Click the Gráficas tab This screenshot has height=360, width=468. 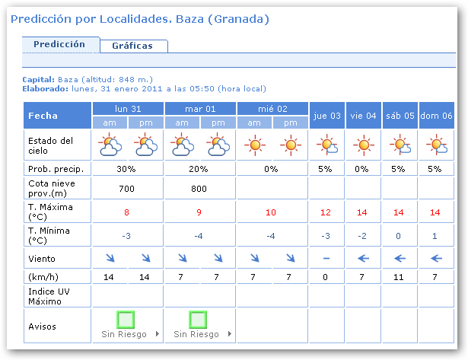(x=132, y=46)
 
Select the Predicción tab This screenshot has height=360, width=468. (x=59, y=44)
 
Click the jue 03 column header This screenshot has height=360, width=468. (x=326, y=116)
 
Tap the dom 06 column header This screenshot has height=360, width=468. (x=436, y=116)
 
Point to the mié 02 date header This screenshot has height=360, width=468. (x=271, y=109)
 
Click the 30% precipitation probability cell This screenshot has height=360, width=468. (x=126, y=168)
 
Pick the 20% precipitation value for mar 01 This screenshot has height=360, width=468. (x=199, y=168)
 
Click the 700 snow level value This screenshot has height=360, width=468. (x=126, y=188)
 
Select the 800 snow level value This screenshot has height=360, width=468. (x=199, y=188)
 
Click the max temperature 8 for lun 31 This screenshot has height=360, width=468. (x=126, y=212)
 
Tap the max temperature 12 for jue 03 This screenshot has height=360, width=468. (x=326, y=212)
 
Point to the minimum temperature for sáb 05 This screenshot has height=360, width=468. (x=400, y=236)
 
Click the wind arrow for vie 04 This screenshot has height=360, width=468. (x=363, y=259)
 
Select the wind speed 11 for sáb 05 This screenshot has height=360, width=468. (x=400, y=276)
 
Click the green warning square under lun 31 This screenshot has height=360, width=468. (x=126, y=320)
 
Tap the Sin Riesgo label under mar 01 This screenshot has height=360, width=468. (x=196, y=334)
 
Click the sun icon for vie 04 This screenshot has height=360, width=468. (x=363, y=144)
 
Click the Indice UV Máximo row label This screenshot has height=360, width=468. (x=50, y=296)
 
